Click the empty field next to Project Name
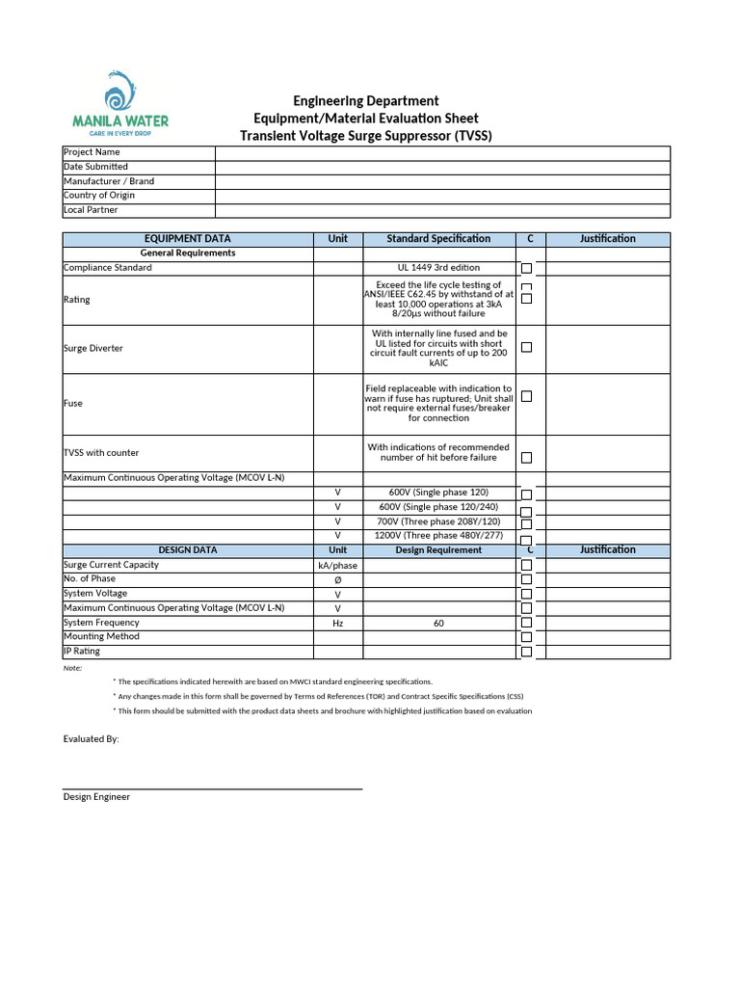[441, 152]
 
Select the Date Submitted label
[95, 167]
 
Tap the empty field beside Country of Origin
[441, 196]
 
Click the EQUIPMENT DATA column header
[188, 239]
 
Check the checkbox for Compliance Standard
[526, 269]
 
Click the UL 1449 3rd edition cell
[438, 268]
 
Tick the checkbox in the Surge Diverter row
[526, 348]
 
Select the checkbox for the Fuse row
[526, 396]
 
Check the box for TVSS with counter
[526, 458]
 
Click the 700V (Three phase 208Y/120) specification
[438, 521]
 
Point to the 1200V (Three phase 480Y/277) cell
[438, 536]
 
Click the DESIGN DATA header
[188, 550]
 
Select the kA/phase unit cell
[337, 566]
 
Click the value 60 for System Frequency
[438, 624]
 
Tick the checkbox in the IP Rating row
[526, 653]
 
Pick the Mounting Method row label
[101, 637]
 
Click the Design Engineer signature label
[96, 797]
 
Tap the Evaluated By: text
[92, 739]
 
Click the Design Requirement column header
[438, 550]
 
